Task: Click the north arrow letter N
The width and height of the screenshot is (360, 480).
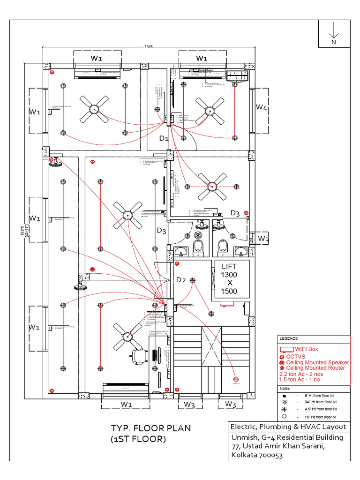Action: [x=334, y=42]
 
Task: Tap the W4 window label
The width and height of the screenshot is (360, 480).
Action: [x=262, y=107]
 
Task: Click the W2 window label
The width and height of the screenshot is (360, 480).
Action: [x=263, y=239]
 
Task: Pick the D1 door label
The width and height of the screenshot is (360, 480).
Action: [x=164, y=138]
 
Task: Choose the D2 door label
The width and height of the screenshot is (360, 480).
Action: [x=181, y=280]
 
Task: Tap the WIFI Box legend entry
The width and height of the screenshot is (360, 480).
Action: [x=306, y=349]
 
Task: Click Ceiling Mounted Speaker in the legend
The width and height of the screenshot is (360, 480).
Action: [x=317, y=362]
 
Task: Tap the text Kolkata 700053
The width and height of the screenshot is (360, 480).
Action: [x=257, y=455]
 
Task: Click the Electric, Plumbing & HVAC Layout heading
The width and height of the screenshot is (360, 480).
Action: [x=287, y=427]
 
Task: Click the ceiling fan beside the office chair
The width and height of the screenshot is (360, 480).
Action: [x=127, y=335]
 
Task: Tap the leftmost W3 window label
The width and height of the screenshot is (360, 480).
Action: [x=189, y=404]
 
